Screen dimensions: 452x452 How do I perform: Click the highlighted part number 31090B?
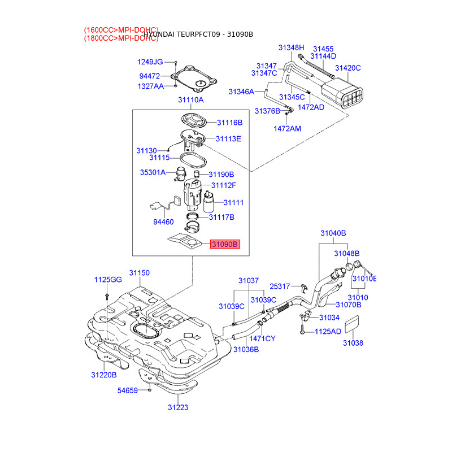point(225,244)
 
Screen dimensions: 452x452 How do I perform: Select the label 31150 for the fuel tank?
point(139,273)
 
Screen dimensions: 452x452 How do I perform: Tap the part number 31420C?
point(347,68)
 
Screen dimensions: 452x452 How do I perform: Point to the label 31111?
point(233,202)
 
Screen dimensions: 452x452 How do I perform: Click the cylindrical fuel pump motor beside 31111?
point(209,203)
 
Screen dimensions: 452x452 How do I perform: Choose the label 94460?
point(164,222)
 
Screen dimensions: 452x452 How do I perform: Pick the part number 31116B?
point(229,122)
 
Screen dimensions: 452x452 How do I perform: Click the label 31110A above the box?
point(190,100)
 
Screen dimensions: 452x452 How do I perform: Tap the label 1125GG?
point(107,280)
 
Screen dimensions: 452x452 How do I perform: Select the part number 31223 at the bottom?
point(177,407)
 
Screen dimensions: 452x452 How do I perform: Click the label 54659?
point(127,390)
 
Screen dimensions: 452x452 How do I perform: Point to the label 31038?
point(353,343)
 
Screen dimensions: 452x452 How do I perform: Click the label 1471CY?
point(262,338)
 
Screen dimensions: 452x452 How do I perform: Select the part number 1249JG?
point(150,62)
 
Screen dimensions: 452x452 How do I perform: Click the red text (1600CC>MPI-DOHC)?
point(121,29)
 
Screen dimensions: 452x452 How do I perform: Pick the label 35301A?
point(153,172)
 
